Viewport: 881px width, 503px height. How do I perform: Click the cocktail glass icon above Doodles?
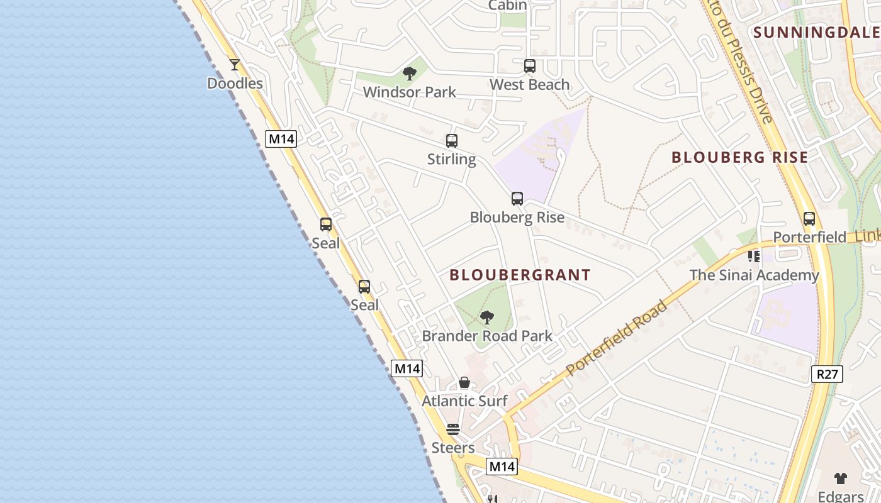click(x=235, y=64)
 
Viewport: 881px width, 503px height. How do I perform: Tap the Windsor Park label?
click(x=410, y=92)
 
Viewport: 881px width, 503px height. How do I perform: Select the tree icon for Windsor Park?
click(x=410, y=74)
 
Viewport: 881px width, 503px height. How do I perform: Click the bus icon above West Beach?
click(x=530, y=65)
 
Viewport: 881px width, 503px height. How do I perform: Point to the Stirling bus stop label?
click(x=451, y=159)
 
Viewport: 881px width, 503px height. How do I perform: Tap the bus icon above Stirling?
click(x=452, y=140)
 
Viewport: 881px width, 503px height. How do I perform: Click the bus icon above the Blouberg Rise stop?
click(x=517, y=199)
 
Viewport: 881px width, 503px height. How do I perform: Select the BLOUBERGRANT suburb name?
click(x=520, y=275)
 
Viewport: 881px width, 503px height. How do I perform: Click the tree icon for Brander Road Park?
click(x=486, y=318)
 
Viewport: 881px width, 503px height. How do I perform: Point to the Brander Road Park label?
click(x=487, y=336)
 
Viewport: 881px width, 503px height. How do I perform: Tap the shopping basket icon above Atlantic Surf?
click(x=464, y=382)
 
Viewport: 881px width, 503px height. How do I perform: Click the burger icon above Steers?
click(x=453, y=429)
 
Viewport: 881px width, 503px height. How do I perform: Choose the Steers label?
click(x=453, y=448)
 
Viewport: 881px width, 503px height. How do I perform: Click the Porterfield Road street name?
click(x=617, y=340)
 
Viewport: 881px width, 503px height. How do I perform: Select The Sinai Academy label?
click(x=754, y=275)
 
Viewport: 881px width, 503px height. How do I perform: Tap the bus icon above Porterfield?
click(x=809, y=219)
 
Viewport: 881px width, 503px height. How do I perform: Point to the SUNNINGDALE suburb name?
click(x=816, y=33)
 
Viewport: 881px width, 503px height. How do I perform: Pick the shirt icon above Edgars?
click(x=841, y=478)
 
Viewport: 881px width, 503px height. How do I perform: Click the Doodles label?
click(x=235, y=84)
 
